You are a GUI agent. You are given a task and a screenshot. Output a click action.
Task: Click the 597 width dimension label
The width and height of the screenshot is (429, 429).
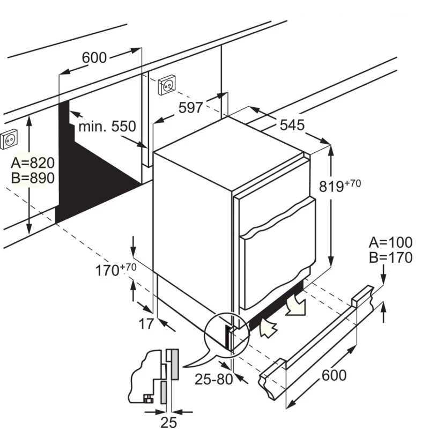(191, 107)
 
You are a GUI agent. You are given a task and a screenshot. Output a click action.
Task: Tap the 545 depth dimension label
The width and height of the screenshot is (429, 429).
(292, 125)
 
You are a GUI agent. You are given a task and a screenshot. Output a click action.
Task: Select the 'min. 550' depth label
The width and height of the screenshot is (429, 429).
(107, 127)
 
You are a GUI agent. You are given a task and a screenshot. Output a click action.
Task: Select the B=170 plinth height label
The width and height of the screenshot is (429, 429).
(390, 257)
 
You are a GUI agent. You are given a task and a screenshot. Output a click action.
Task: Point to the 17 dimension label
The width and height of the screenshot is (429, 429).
(146, 323)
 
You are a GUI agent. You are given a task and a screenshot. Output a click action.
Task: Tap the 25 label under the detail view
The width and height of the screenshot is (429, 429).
(169, 422)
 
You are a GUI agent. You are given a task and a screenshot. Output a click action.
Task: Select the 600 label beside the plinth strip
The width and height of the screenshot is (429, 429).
(334, 375)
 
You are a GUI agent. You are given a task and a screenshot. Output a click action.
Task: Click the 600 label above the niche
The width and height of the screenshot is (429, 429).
(95, 57)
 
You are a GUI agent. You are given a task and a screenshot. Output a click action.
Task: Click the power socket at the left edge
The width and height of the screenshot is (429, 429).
(9, 140)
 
